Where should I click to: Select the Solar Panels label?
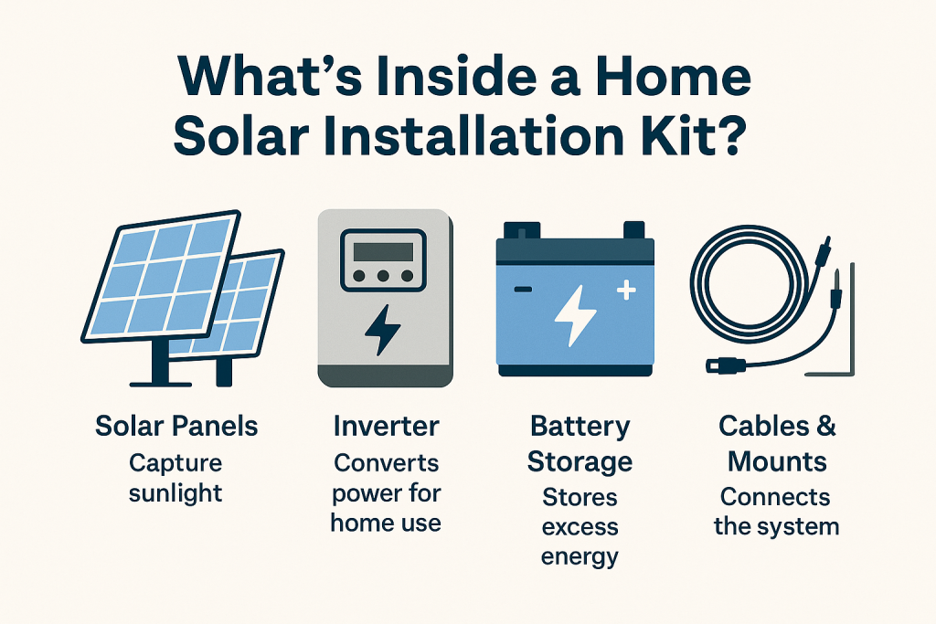(x=176, y=426)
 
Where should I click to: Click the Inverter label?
(x=386, y=426)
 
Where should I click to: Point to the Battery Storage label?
(x=579, y=443)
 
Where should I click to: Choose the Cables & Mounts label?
(x=778, y=443)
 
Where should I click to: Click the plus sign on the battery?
(x=626, y=291)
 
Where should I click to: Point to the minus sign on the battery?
(x=523, y=290)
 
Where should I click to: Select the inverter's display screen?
(x=382, y=249)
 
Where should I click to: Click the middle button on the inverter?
(x=382, y=274)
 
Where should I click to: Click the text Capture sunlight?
(x=175, y=479)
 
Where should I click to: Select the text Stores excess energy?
(x=580, y=527)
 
